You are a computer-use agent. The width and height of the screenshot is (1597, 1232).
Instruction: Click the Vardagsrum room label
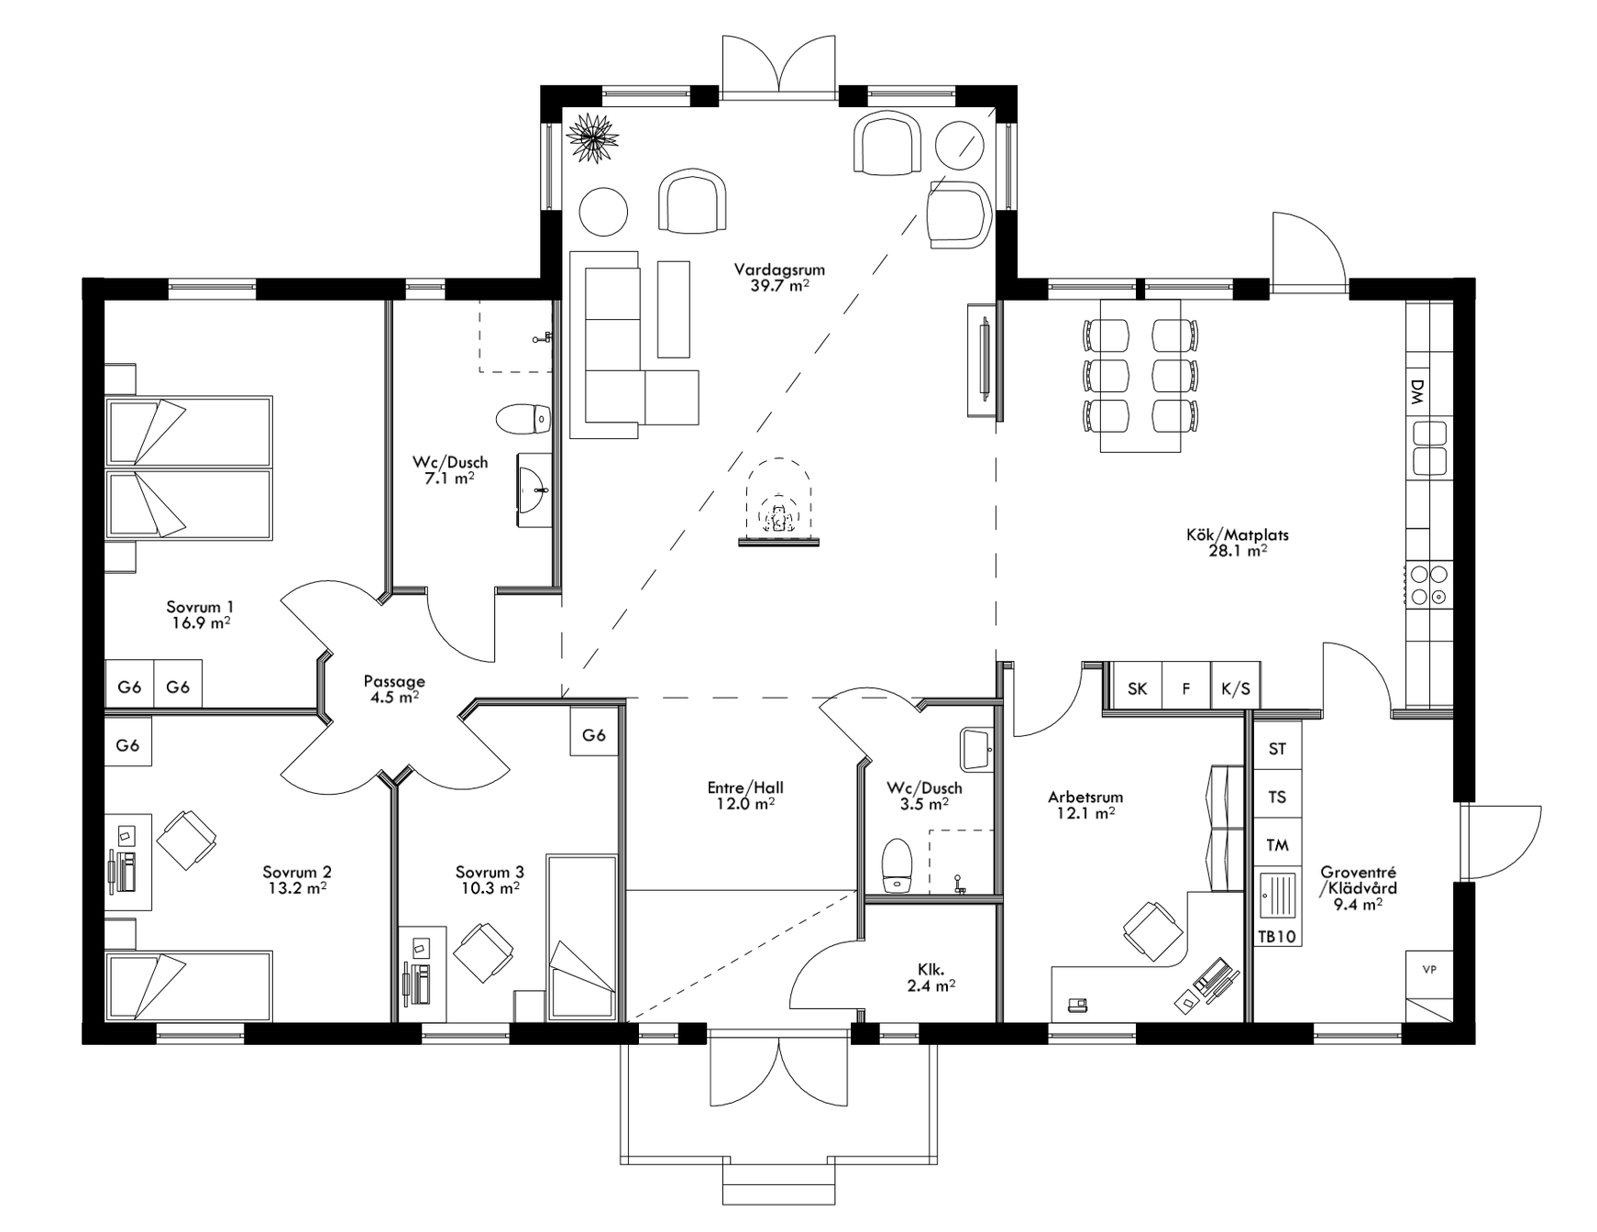click(779, 277)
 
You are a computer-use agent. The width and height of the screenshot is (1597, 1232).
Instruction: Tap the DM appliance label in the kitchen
click(1417, 392)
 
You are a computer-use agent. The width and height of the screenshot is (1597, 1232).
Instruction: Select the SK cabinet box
click(1137, 688)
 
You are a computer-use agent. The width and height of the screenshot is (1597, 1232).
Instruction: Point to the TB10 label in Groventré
click(1277, 937)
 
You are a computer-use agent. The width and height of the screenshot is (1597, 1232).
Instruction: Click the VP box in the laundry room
click(1428, 970)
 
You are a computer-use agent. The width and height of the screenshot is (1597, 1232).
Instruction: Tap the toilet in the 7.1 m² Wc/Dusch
click(523, 420)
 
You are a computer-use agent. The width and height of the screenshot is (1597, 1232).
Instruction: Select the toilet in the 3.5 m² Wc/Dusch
click(897, 865)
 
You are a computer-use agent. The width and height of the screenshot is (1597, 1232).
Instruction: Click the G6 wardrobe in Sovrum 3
click(594, 734)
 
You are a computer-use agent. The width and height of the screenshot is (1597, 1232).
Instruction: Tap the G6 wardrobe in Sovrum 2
click(128, 745)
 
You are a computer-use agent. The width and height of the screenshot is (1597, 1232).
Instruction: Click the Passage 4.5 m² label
click(394, 688)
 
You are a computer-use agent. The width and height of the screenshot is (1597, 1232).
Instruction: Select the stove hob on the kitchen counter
click(1429, 585)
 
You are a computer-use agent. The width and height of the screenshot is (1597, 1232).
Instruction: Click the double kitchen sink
click(1429, 446)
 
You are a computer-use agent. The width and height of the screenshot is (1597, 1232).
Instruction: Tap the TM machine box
click(1277, 845)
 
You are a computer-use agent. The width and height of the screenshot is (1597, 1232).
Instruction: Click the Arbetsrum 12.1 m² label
click(1085, 805)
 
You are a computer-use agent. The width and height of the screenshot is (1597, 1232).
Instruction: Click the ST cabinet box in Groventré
click(1277, 749)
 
